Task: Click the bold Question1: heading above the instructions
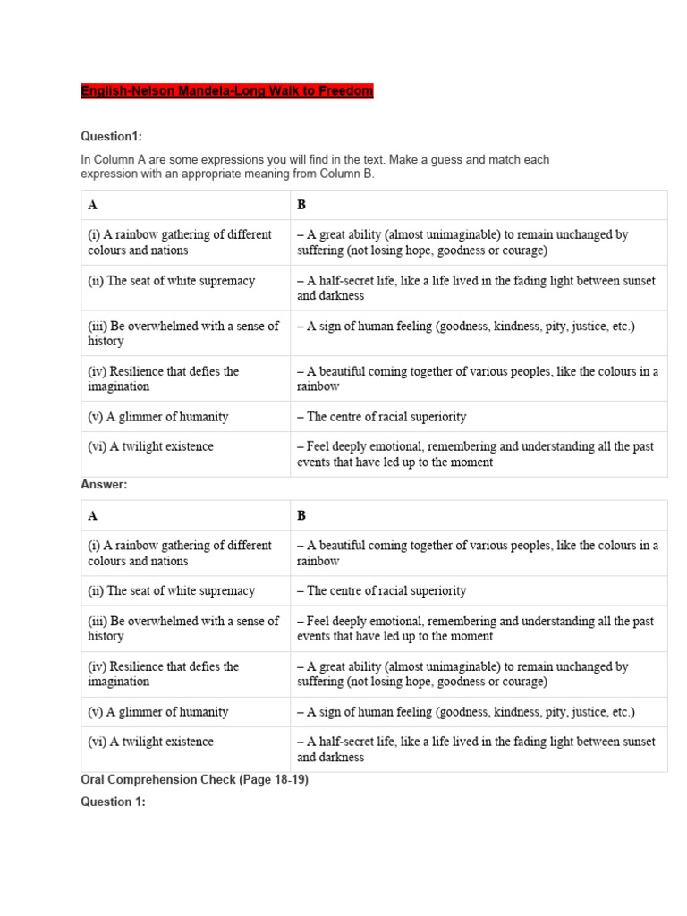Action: tap(112, 137)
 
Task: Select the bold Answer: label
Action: tap(105, 484)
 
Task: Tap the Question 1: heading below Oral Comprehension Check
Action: tap(113, 801)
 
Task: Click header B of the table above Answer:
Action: tap(301, 205)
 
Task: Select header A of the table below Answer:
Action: tap(93, 515)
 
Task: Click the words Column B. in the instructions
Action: tap(348, 174)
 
